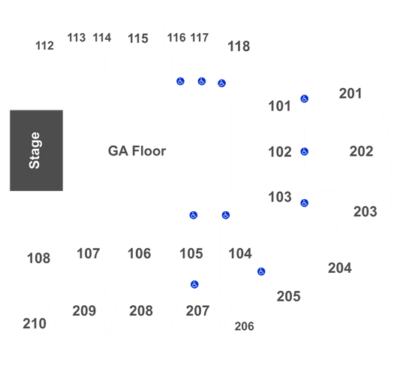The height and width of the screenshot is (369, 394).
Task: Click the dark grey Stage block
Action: [x=37, y=150]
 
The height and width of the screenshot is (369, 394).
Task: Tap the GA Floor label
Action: [x=137, y=151]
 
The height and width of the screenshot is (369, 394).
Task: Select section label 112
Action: [x=44, y=46]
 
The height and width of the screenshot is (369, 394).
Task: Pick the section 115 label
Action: [x=138, y=38]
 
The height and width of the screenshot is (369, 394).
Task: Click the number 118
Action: [x=239, y=47]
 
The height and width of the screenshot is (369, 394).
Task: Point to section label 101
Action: [x=279, y=106]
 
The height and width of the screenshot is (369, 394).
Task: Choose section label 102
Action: [x=280, y=152]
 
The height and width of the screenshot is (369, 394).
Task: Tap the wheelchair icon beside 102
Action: [x=305, y=152]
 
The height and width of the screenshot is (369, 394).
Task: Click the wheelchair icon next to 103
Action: [x=305, y=203]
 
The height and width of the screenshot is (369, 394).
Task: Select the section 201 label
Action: [x=350, y=94]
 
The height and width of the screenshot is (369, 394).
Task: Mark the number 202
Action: [x=361, y=152]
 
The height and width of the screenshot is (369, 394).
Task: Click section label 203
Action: [x=365, y=212]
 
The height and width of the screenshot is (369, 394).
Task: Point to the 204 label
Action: [x=340, y=268]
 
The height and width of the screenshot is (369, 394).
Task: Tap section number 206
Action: [x=244, y=326]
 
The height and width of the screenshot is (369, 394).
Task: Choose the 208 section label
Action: [x=141, y=311]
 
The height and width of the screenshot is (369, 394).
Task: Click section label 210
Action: [x=35, y=324]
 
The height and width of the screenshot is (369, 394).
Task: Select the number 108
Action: [x=39, y=259]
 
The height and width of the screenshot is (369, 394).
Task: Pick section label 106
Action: [x=139, y=253]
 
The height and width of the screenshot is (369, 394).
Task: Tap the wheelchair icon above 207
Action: [x=194, y=284]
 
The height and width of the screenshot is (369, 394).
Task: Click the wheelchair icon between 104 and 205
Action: [x=261, y=271]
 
